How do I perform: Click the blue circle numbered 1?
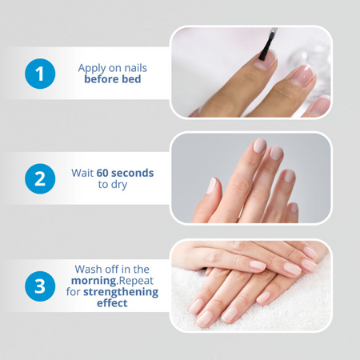coord(40,74)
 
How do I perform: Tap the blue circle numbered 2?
coord(40,178)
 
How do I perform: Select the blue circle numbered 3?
coord(40,286)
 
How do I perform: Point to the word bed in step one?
coord(131,79)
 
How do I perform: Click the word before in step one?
coord(102,79)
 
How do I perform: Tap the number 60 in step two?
coord(102,173)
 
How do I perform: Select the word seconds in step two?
coord(132,173)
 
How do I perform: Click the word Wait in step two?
coord(82,173)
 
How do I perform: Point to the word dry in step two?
coord(119,185)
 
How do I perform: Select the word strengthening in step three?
coord(121,292)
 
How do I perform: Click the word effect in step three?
coord(112,303)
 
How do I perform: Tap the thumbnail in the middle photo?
coord(211,186)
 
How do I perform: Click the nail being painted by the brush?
coord(266,60)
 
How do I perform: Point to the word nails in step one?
coord(136,68)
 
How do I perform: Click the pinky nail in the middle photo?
coord(294,208)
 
